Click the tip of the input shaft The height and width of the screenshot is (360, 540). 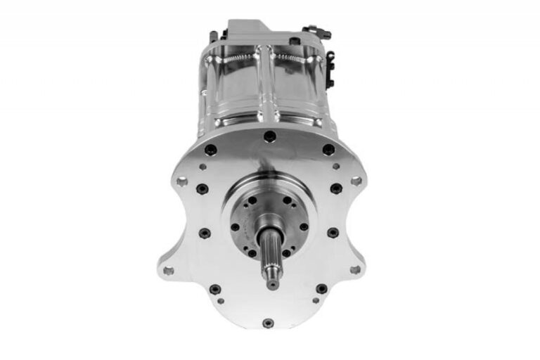coord(272,284)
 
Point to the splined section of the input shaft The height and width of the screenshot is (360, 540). coord(271,259)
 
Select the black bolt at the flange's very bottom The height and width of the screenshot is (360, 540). coord(268,323)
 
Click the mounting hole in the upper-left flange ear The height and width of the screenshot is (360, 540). coord(181,181)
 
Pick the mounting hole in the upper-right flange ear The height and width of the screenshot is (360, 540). coord(356,181)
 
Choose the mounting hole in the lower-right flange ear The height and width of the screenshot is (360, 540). coord(355,269)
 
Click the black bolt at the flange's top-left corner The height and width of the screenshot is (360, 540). coord(210,150)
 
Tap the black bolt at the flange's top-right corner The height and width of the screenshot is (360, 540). coord(328,149)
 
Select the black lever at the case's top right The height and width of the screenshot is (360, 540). coord(316,31)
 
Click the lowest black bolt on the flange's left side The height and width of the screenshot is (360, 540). coord(214,288)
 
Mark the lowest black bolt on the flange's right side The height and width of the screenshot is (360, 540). coord(321,288)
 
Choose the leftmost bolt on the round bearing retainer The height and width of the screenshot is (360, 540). coord(235,226)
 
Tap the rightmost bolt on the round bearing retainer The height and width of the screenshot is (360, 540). coord(303,226)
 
